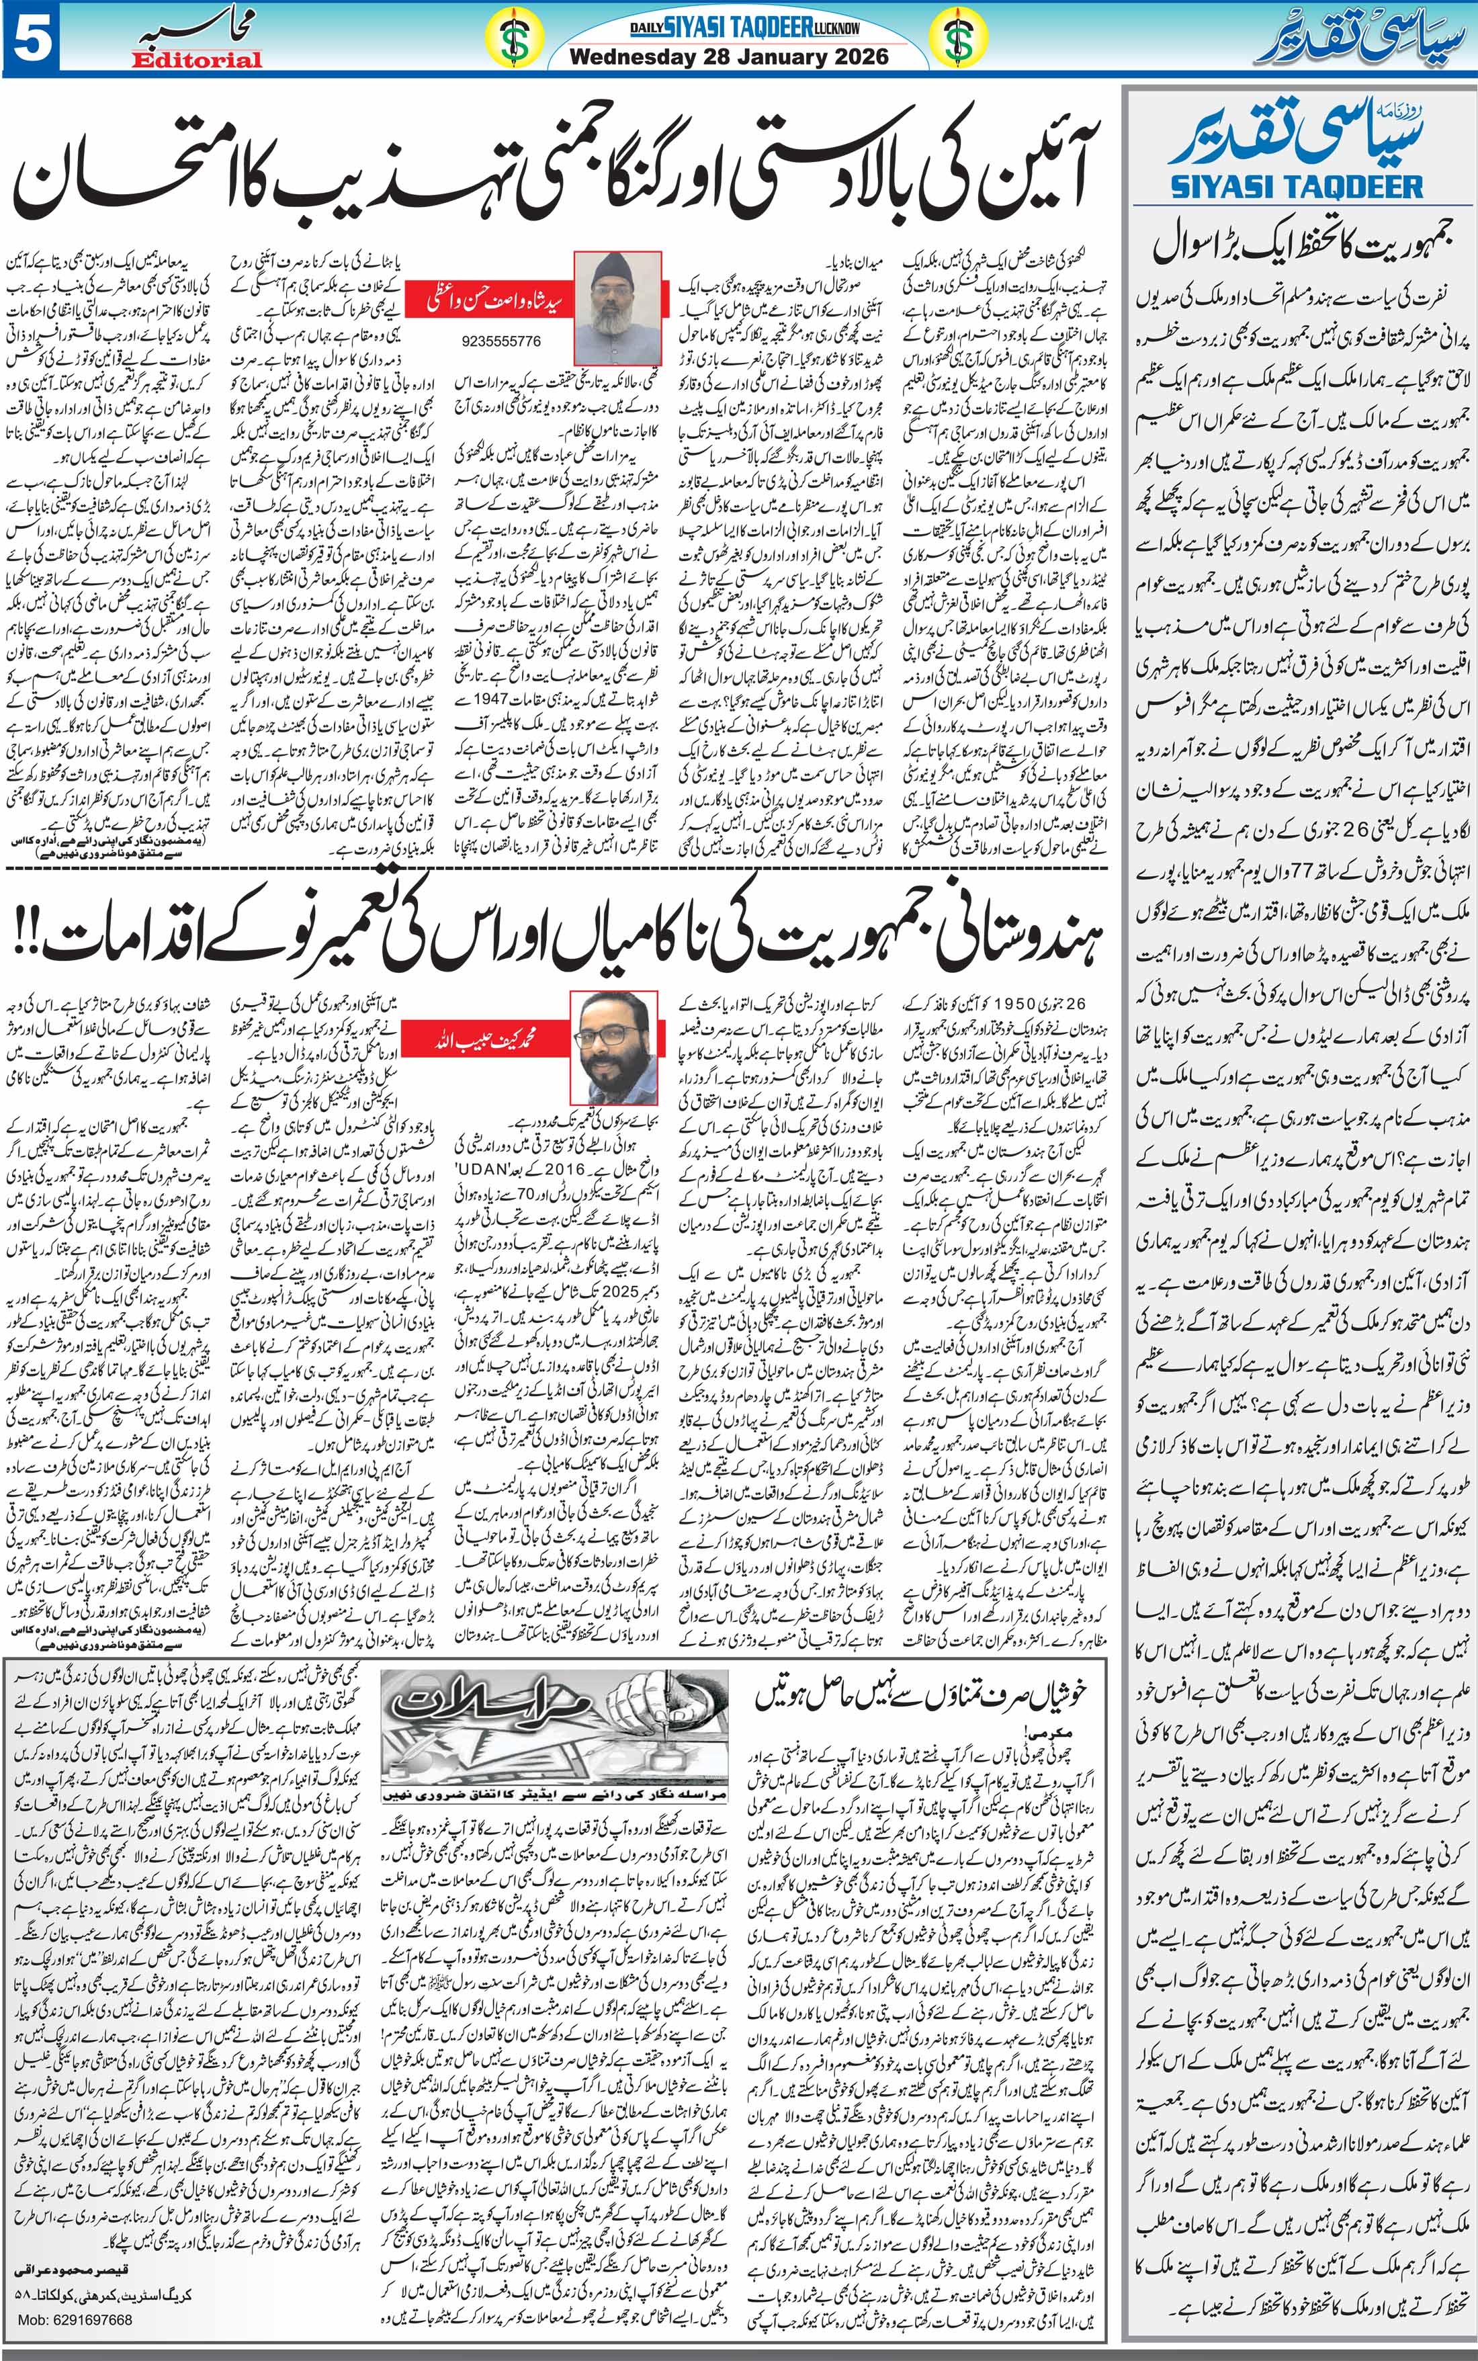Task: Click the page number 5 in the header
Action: [30, 39]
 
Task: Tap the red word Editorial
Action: [198, 60]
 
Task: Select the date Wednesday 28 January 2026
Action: [728, 56]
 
